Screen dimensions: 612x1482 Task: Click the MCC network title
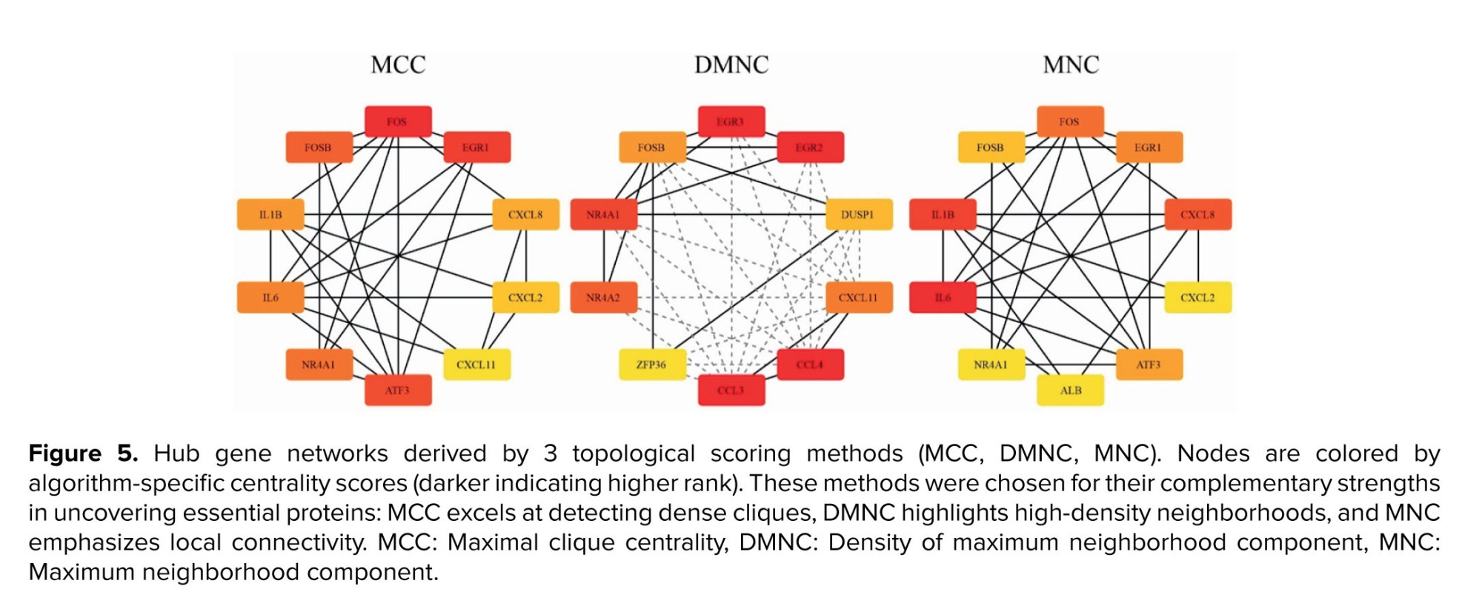[398, 65]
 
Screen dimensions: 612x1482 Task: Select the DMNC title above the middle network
[731, 65]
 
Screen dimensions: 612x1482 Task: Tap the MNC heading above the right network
[1071, 65]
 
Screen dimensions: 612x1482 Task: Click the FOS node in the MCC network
[398, 122]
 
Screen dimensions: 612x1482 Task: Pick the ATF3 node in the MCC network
[398, 390]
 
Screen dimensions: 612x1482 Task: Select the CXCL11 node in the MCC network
[476, 365]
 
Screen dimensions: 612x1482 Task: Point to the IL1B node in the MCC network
[270, 215]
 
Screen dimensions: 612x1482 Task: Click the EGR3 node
[731, 122]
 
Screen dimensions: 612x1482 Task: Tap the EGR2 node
[810, 147]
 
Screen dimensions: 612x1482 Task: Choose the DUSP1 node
[859, 215]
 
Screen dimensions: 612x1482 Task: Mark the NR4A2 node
[604, 298]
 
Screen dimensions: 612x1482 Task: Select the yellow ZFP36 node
[652, 365]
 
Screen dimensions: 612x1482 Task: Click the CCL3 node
[731, 390]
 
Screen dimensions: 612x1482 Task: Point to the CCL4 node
[810, 365]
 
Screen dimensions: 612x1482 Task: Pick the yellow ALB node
[1071, 390]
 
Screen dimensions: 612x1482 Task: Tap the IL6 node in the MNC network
[943, 298]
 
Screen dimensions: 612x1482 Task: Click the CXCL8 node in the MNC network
[1198, 215]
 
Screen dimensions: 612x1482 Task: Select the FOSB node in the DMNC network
[652, 147]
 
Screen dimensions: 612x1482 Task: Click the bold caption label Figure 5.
[83, 453]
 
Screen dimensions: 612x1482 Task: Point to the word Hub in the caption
[176, 453]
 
